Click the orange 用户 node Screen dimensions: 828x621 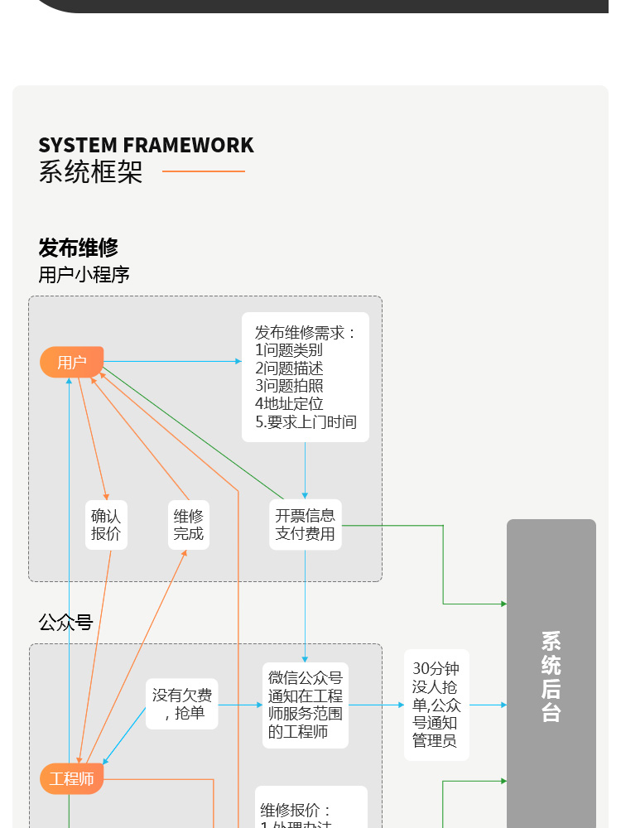click(72, 362)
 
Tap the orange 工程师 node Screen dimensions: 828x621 click(72, 779)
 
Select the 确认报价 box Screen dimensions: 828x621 click(106, 525)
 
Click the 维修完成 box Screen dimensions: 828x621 click(189, 525)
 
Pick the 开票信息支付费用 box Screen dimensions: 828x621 click(305, 525)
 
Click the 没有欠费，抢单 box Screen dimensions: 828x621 click(182, 704)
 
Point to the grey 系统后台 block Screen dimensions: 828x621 click(551, 676)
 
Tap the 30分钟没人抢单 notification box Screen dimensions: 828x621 click(436, 705)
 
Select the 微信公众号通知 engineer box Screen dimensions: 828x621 click(306, 705)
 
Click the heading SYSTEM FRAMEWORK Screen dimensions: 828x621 click(146, 146)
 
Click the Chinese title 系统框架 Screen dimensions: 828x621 click(90, 172)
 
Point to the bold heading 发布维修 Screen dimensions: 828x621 click(79, 248)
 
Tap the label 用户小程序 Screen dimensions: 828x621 click(84, 274)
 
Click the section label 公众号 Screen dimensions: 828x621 click(65, 623)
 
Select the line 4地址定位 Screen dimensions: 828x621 click(289, 404)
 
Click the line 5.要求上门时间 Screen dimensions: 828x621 click(306, 422)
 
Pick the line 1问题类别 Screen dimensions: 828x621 click(289, 350)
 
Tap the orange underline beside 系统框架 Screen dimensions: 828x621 click(204, 171)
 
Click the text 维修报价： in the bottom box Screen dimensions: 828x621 click(296, 810)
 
